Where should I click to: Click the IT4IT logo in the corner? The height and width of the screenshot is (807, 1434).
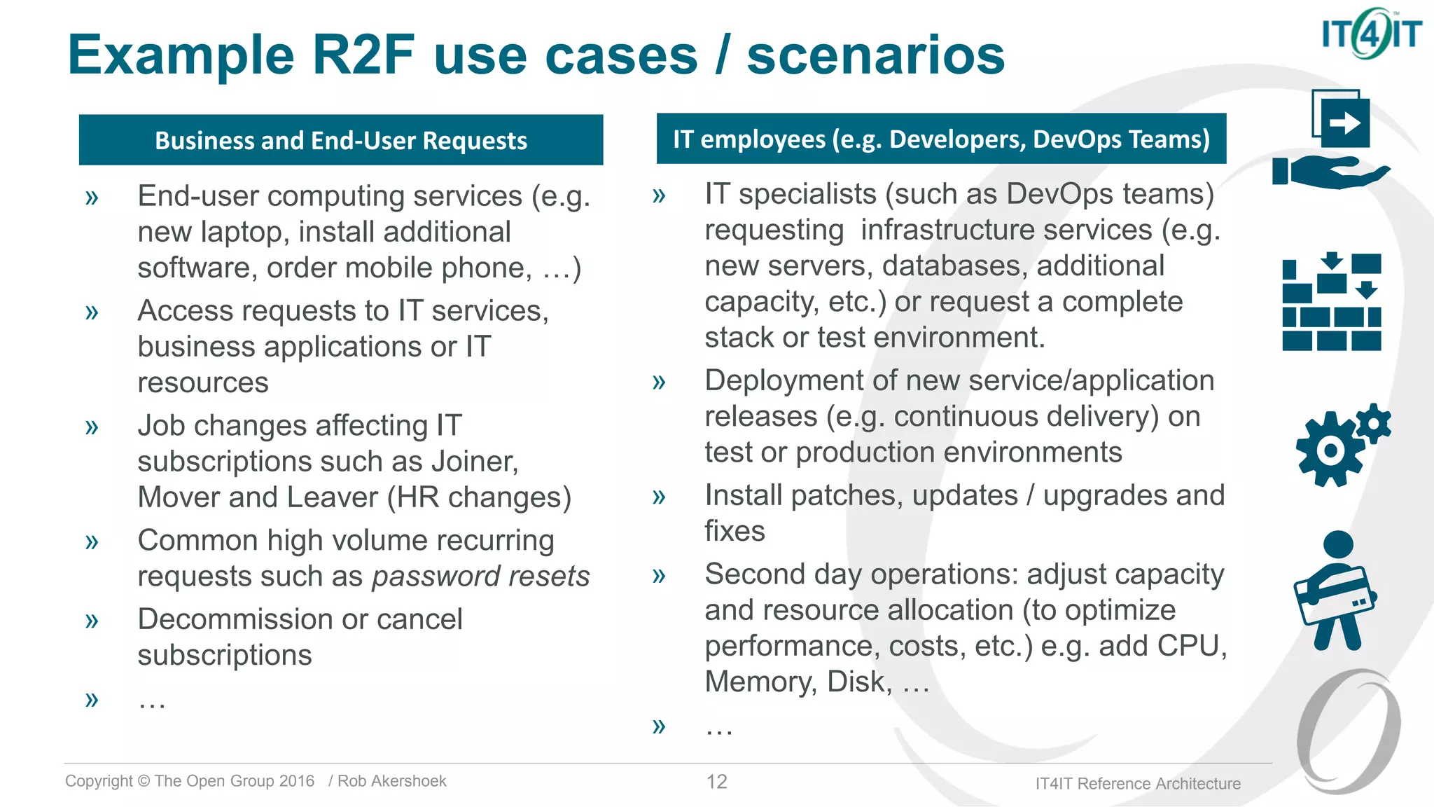pos(1371,34)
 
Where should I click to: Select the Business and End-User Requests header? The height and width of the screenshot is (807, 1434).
pos(341,140)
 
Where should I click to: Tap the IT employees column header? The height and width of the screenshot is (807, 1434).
pos(941,139)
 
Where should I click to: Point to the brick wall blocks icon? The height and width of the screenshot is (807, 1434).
pos(1331,303)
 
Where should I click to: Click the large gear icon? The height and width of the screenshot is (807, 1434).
pos(1330,450)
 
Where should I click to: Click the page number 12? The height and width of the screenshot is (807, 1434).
pos(716,782)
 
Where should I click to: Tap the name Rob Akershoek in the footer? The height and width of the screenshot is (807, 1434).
pos(391,781)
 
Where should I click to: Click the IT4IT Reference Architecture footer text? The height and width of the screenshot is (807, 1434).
pos(1138,784)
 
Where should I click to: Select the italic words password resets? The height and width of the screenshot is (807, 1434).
pos(480,577)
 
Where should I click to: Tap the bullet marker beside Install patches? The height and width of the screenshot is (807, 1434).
pos(658,497)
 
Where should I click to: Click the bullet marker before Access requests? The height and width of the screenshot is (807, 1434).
pos(92,312)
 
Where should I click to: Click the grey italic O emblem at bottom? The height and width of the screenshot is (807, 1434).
pos(1348,732)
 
